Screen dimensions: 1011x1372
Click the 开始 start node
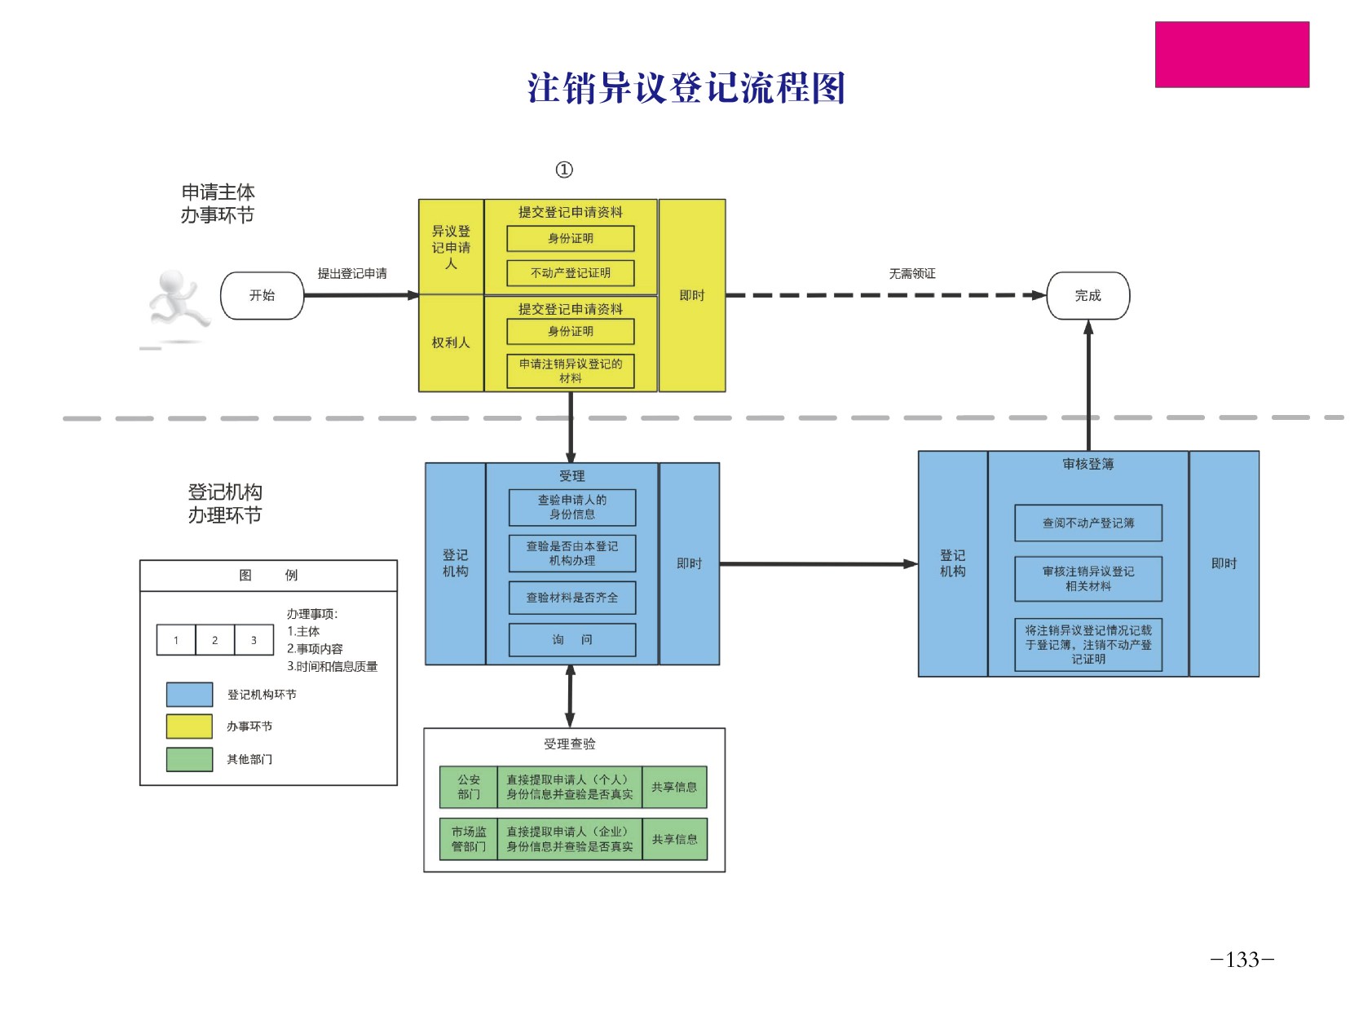click(262, 295)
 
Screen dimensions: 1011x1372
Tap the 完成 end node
click(1087, 295)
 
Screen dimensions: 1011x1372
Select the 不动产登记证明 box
click(570, 273)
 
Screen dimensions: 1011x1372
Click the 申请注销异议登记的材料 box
click(570, 371)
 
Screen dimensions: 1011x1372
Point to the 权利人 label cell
click(451, 342)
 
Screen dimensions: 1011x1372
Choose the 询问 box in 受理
click(571, 640)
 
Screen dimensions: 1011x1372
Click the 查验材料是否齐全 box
click(571, 598)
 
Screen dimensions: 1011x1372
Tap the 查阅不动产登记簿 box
click(1087, 523)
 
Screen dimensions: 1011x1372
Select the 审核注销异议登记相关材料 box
click(1087, 579)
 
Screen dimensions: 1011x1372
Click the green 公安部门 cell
click(468, 787)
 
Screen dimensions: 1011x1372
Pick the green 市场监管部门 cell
click(468, 839)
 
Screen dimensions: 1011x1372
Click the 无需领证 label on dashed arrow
click(911, 274)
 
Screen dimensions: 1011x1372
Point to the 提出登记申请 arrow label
click(352, 274)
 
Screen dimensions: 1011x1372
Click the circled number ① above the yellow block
click(564, 170)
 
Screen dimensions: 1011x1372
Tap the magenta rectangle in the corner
click(1231, 55)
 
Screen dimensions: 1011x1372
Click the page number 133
click(1242, 960)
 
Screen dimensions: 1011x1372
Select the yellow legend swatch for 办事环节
click(189, 726)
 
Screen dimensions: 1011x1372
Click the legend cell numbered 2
click(214, 640)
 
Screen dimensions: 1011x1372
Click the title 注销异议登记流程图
click(686, 88)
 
